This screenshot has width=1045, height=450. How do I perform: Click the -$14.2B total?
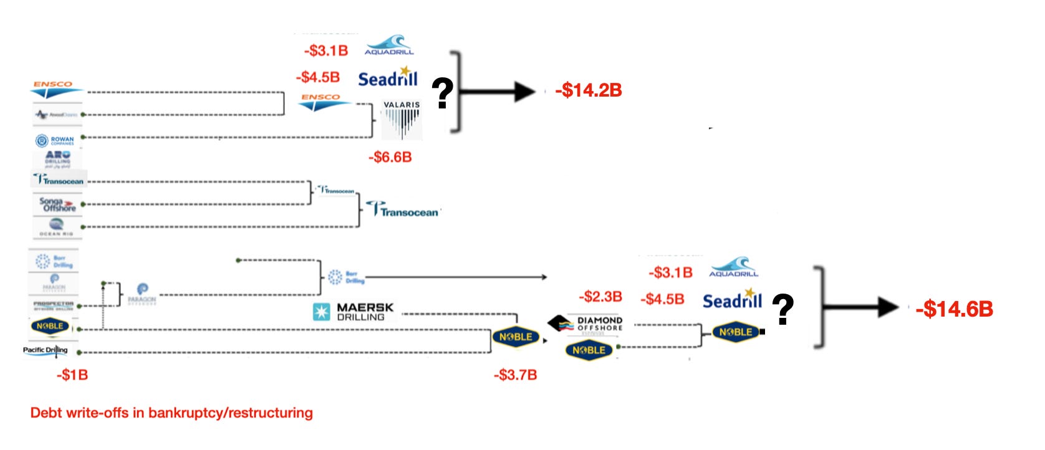click(589, 90)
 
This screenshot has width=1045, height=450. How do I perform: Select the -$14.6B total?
click(954, 309)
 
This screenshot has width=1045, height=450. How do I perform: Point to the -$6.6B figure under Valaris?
click(390, 157)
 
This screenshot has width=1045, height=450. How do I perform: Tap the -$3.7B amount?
click(515, 375)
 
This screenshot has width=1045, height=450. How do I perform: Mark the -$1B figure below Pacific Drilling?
click(72, 375)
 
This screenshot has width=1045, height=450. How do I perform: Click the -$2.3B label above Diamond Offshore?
click(600, 297)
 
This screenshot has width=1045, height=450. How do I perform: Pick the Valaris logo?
click(402, 120)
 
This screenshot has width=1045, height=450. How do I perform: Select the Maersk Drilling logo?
click(354, 312)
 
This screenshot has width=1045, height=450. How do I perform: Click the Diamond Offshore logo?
click(586, 323)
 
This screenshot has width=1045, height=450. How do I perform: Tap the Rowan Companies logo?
click(55, 141)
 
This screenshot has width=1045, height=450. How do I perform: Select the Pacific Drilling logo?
click(46, 350)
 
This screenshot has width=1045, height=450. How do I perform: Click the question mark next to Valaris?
click(442, 94)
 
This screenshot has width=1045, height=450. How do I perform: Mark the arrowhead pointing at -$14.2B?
click(524, 92)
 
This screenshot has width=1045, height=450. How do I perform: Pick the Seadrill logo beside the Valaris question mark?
click(387, 78)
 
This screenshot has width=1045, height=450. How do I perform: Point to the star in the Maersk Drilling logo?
click(321, 312)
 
